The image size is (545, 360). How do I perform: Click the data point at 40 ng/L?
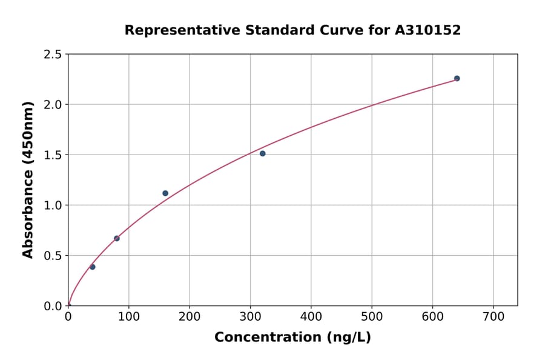tap(92, 267)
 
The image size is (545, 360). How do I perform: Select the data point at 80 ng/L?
tap(117, 238)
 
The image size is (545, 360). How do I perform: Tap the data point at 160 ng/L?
tap(165, 193)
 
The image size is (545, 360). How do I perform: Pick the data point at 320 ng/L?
tap(262, 153)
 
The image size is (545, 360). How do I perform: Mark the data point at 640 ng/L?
tap(457, 78)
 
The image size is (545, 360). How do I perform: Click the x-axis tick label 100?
tap(128, 317)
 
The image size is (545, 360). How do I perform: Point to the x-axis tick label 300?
tap(250, 317)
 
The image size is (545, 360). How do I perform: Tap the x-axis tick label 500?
tap(372, 317)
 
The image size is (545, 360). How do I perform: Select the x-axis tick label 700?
tap(493, 317)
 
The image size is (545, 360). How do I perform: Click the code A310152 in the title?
tap(428, 30)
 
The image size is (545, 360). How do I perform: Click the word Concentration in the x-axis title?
tap(266, 338)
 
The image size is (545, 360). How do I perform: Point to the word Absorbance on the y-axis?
tap(28, 215)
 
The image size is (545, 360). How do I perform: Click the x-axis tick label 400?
tap(311, 317)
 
